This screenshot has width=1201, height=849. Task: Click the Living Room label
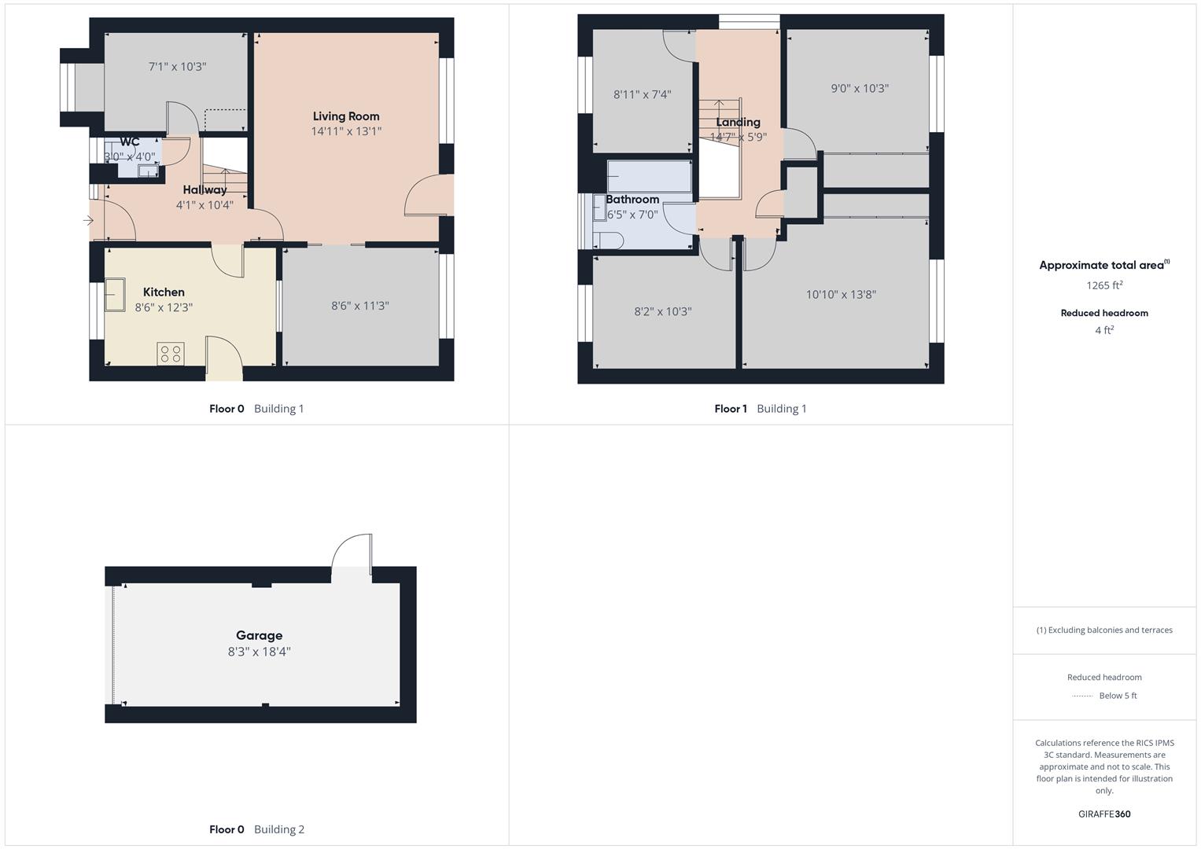[x=346, y=116]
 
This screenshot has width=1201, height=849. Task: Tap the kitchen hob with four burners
[x=171, y=354]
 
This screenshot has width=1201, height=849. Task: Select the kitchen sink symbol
[x=116, y=295]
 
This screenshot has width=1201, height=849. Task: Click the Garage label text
[x=259, y=635]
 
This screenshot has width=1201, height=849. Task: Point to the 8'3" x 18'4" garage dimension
[x=259, y=652]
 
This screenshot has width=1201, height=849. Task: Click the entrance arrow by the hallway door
[x=88, y=221]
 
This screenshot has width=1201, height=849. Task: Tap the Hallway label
[x=204, y=189]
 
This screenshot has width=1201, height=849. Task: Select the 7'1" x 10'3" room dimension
[x=177, y=67]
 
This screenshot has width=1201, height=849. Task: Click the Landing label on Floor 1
[x=738, y=122]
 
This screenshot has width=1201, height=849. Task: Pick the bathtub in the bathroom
[x=649, y=177]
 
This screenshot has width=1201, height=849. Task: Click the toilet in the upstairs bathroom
[x=609, y=240]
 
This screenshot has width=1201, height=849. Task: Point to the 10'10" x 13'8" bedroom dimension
[x=841, y=295]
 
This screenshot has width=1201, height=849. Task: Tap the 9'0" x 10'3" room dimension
[x=860, y=89]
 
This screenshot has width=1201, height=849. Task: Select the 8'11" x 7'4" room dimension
[x=642, y=94]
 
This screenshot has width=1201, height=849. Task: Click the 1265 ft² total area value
[x=1104, y=285]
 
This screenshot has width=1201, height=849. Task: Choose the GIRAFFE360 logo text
[x=1104, y=814]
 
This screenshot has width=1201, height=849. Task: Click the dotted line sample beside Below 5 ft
[x=1082, y=696]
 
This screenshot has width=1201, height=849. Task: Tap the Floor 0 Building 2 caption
[x=256, y=829]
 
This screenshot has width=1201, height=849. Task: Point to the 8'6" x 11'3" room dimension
[x=359, y=306]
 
